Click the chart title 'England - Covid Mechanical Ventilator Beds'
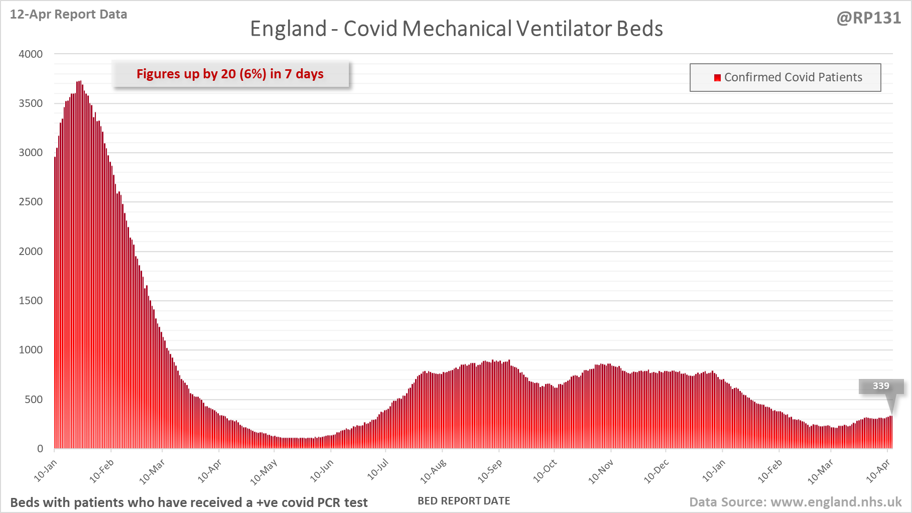(x=456, y=29)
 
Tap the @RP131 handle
(x=868, y=18)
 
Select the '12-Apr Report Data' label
(x=68, y=15)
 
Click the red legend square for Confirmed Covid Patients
(x=717, y=77)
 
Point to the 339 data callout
(x=881, y=386)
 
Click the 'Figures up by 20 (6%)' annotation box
(x=230, y=74)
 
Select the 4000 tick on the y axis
(x=31, y=54)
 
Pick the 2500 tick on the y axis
(x=31, y=202)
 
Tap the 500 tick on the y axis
(x=34, y=400)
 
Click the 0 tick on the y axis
(x=40, y=449)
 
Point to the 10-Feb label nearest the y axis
(x=102, y=471)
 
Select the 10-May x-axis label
(x=264, y=472)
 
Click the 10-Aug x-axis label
(x=433, y=471)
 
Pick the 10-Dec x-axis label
(x=657, y=471)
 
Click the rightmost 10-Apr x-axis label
(x=878, y=471)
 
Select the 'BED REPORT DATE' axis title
(x=464, y=501)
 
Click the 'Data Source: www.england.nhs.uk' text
(x=795, y=502)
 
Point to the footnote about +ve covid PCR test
(x=189, y=502)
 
